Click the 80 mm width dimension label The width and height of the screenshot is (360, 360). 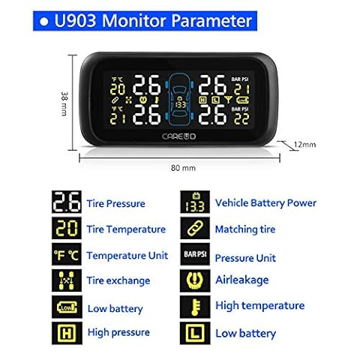point(183,168)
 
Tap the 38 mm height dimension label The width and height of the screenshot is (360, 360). point(64,103)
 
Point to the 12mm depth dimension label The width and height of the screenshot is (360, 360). point(304,145)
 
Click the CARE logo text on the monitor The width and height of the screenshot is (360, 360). point(178,136)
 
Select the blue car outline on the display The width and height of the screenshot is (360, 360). point(179,99)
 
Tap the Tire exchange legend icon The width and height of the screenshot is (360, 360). point(67,280)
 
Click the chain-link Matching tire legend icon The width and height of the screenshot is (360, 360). point(195,229)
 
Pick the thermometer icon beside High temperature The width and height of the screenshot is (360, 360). point(195,307)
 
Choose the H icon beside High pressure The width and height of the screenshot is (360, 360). point(67,333)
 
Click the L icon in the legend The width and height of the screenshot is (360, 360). point(195,333)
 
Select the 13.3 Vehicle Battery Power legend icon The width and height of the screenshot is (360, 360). point(195,202)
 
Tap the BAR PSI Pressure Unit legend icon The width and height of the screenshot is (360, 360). point(195,254)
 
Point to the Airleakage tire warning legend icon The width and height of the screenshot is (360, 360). point(195,280)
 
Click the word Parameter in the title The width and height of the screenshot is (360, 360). point(211,21)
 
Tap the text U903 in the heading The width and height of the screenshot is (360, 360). point(75,20)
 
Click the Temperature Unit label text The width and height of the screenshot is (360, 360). point(127,256)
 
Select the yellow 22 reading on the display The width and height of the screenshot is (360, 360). point(241,119)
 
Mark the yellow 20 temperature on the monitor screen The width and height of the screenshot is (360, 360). point(118,89)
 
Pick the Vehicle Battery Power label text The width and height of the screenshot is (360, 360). point(265,203)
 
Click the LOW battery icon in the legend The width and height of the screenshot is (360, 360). point(67,307)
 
